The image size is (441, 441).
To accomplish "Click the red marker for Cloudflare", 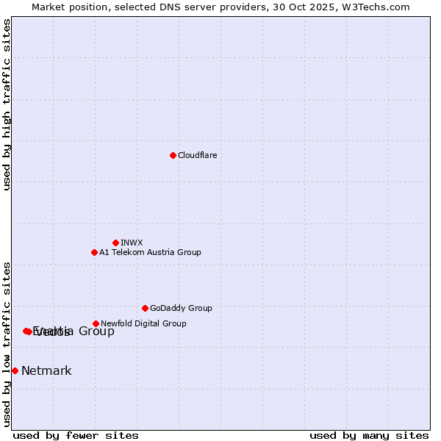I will pyautogui.click(x=173, y=155).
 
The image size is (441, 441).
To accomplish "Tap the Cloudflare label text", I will pyautogui.click(x=198, y=155).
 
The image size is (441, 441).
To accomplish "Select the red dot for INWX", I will pyautogui.click(x=115, y=243).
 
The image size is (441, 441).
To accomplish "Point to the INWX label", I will pyautogui.click(x=132, y=243).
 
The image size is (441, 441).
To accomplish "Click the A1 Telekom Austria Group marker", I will pyautogui.click(x=94, y=252).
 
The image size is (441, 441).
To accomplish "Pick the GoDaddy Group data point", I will pyautogui.click(x=145, y=308).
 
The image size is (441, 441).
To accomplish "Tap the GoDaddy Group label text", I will pyautogui.click(x=181, y=308).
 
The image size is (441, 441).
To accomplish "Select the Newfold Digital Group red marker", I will pyautogui.click(x=96, y=323).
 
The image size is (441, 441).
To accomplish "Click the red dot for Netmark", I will pyautogui.click(x=15, y=370).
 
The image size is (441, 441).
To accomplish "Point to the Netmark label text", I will pyautogui.click(x=46, y=370).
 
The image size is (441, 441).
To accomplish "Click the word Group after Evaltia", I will pyautogui.click(x=96, y=331).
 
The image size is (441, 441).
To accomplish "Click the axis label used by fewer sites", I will pyautogui.click(x=76, y=435).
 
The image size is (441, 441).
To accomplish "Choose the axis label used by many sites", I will pyautogui.click(x=369, y=435).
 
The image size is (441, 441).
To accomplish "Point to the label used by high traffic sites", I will pyautogui.click(x=7, y=104).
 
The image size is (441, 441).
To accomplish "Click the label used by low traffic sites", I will pyautogui.click(x=7, y=344).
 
